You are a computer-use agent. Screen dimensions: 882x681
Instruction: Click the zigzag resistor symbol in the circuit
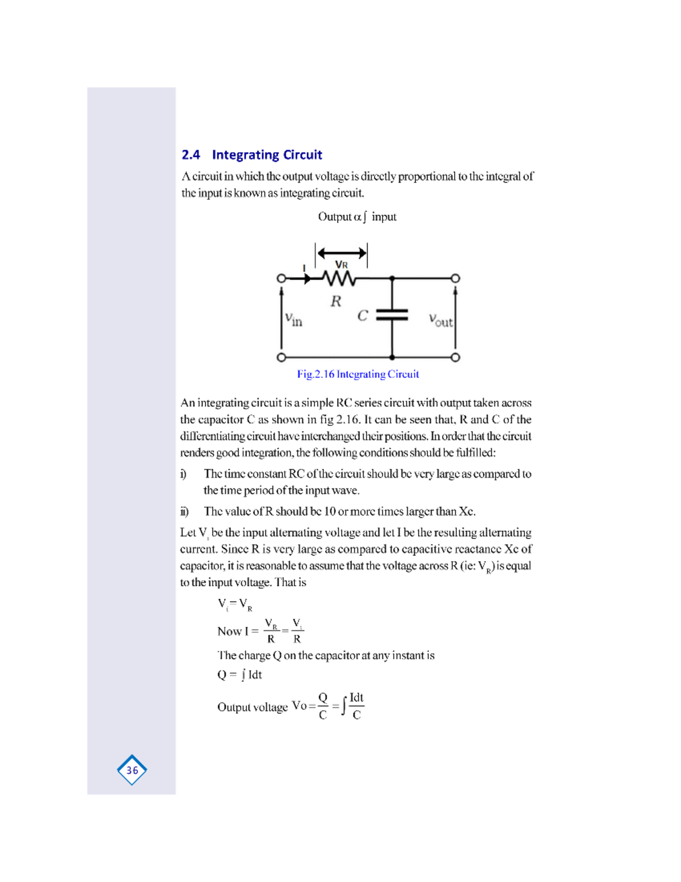point(339,278)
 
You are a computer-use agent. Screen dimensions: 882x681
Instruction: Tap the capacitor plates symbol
point(392,315)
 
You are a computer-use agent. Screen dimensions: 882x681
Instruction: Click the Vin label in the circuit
point(293,320)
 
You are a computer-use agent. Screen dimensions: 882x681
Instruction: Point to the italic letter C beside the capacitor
point(363,316)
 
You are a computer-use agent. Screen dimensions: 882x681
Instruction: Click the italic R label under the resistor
point(336,301)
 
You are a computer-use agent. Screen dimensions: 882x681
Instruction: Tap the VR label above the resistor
point(341,265)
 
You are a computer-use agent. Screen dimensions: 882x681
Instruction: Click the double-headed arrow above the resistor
point(342,253)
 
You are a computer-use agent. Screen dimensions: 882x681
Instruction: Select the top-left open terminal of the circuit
point(281,278)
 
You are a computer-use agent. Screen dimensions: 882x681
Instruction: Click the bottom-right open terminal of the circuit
point(455,357)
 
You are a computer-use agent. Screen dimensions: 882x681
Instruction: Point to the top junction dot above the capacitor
point(392,278)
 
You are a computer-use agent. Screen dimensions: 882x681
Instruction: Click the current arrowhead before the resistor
point(307,278)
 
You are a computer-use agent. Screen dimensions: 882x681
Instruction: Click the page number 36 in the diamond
point(132,770)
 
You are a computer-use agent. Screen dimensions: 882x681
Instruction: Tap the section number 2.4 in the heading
point(191,155)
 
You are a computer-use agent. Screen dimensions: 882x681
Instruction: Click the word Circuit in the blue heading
point(302,155)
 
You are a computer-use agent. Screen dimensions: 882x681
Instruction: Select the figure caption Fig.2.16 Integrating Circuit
point(358,374)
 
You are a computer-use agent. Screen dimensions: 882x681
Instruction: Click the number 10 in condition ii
point(330,511)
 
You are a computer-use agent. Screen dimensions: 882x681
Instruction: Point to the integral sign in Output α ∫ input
point(365,217)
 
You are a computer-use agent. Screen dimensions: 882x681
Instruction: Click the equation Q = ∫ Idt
point(239,675)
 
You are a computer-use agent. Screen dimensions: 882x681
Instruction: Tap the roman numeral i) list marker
point(183,474)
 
